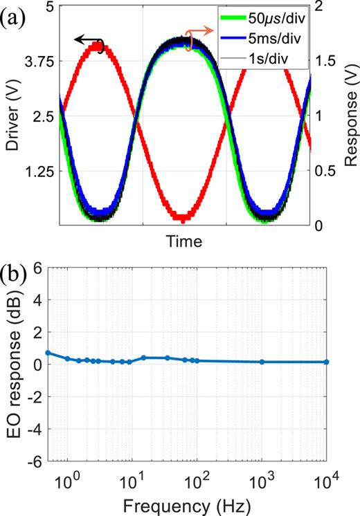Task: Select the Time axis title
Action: click(x=184, y=241)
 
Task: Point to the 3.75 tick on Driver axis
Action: click(x=38, y=62)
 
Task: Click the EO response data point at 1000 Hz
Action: click(x=262, y=362)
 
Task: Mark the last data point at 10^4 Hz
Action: click(x=326, y=362)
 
